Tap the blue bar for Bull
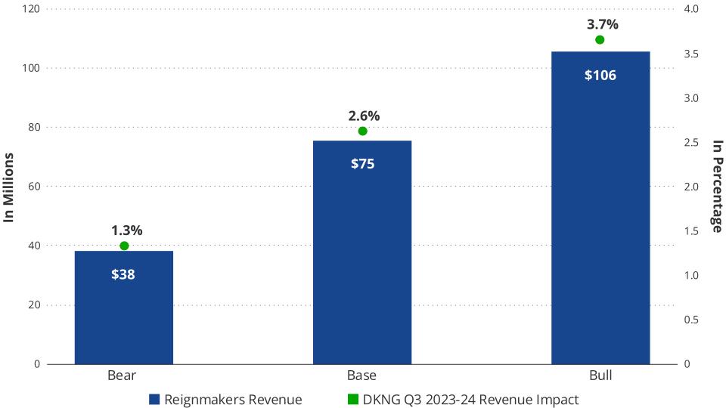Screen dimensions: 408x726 coord(600,227)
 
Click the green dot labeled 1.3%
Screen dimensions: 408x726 coord(124,246)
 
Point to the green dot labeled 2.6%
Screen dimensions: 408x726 coord(362,131)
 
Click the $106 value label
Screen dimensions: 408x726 coord(600,76)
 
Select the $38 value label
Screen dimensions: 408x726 coord(123,275)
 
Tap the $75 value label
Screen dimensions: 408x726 coord(362,164)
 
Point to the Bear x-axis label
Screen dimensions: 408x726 coord(123,376)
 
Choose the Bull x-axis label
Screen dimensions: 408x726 coord(600,376)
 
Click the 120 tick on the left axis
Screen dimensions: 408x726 coord(30,9)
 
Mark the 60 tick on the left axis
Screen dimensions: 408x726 coord(33,187)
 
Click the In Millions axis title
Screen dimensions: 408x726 coord(10,187)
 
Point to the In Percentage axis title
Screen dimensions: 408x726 coord(716,187)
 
